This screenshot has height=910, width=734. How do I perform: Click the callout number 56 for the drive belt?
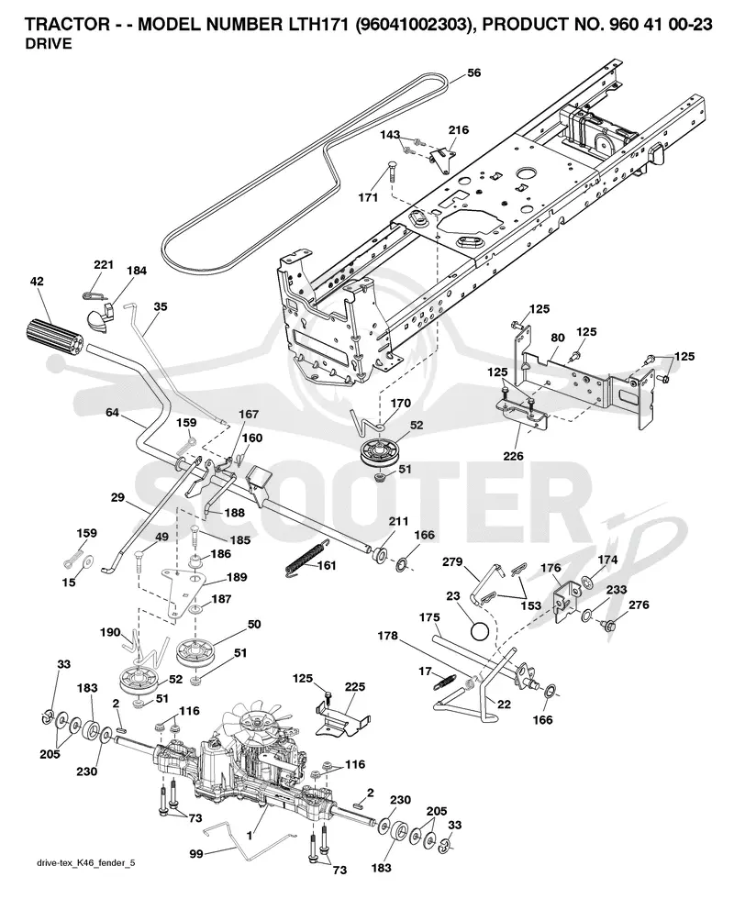474,72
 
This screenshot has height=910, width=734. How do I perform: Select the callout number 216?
459,129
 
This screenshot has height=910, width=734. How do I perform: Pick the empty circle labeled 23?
480,630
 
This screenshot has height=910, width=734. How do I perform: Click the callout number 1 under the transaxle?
250,836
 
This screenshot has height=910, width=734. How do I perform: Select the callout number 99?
196,854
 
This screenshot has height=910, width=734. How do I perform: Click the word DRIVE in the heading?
49,43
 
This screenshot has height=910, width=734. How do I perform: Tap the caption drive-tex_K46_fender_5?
85,863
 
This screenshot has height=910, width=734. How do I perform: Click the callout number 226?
514,456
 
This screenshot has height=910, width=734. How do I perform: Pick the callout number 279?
452,561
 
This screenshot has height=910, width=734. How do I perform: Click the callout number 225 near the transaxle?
354,686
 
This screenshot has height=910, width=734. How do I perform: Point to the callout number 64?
112,412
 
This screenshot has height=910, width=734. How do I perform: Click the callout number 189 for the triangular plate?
236,577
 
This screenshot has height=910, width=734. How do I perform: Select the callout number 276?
639,605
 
